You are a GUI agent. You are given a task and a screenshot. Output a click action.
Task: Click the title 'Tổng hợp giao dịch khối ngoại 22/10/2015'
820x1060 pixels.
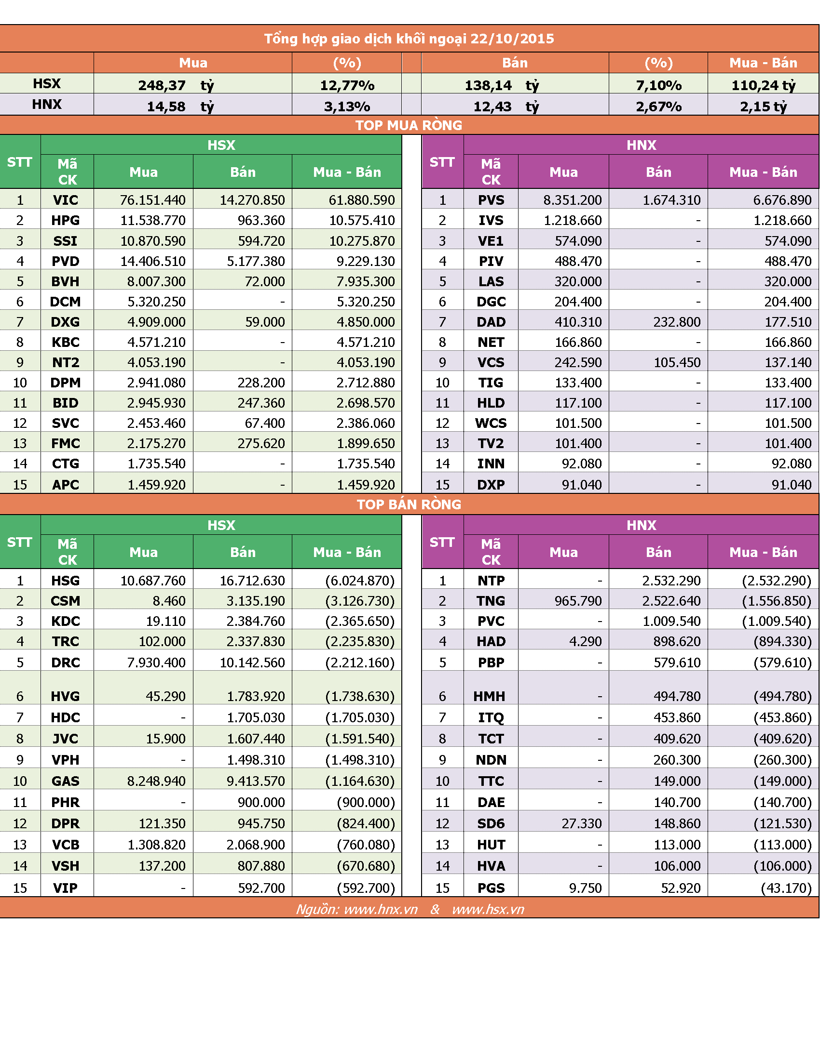point(409,39)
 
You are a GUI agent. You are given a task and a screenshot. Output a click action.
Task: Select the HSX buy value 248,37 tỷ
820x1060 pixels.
point(176,85)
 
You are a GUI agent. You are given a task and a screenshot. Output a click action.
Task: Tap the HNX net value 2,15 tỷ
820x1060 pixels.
point(763,106)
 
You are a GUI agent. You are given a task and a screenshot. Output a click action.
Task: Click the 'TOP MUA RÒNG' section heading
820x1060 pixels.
point(409,125)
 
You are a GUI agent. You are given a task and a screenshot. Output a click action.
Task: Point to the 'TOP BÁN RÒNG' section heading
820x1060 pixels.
point(409,504)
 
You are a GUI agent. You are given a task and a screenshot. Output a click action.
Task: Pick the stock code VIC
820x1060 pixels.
point(66,200)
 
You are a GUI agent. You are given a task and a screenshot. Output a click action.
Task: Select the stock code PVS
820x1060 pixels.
point(491,200)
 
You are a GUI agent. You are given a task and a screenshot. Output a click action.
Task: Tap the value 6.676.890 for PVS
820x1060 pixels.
point(782,200)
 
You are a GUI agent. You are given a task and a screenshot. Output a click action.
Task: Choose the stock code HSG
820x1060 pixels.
point(66,581)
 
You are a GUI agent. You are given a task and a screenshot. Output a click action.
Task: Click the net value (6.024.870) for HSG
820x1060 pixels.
point(360,581)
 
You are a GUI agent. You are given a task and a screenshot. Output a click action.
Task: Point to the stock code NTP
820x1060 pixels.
point(491,581)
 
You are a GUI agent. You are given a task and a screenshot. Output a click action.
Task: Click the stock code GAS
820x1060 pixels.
point(66,781)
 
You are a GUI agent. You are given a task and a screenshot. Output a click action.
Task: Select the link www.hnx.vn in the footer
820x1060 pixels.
point(381,909)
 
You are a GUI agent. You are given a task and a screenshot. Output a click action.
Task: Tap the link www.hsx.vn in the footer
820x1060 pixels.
point(488,909)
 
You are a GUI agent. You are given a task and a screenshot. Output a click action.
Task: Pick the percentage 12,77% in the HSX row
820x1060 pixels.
point(347,85)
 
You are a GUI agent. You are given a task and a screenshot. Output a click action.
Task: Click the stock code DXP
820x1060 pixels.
point(491,484)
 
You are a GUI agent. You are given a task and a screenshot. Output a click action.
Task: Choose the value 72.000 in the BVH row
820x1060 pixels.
point(265,281)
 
